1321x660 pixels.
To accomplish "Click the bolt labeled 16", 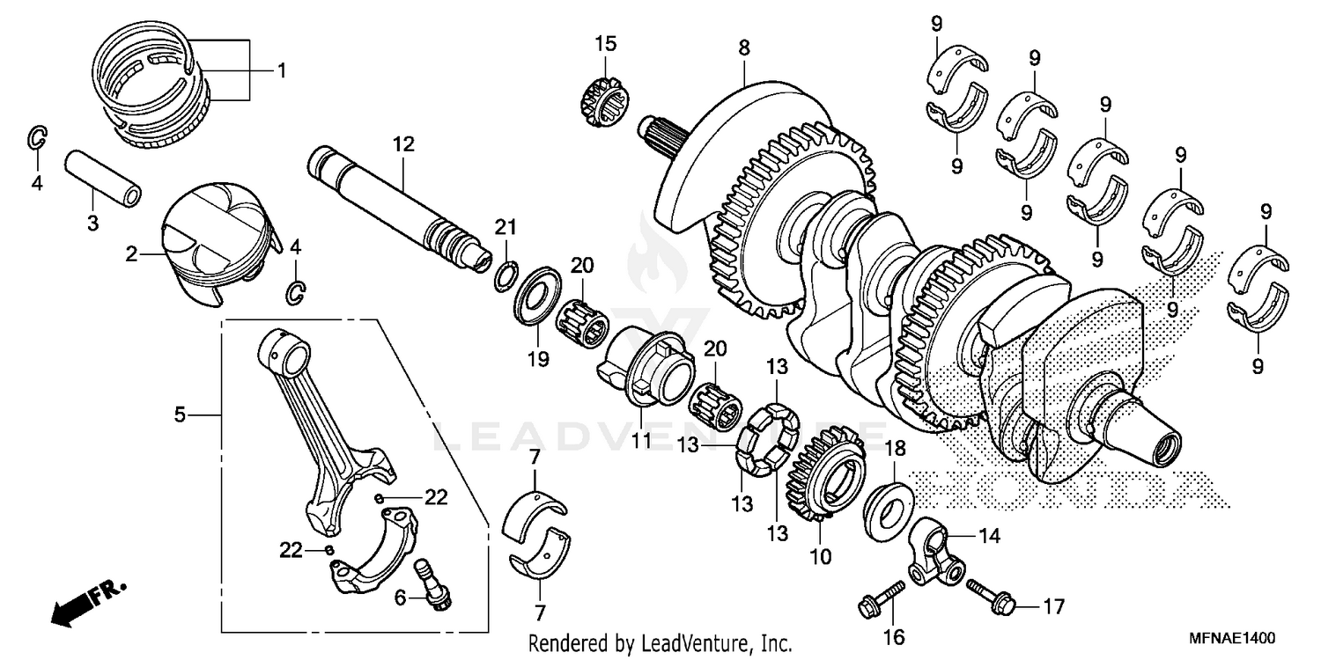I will tap(882, 598).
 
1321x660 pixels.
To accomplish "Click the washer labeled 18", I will tap(886, 510).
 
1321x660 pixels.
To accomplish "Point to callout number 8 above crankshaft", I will tap(744, 48).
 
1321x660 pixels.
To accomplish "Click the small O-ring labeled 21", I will tap(504, 275).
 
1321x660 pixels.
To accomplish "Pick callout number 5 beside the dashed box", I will tap(180, 414).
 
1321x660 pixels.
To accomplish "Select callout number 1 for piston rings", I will tap(282, 70).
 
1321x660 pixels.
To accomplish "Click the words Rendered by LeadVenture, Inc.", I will tap(660, 644).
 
